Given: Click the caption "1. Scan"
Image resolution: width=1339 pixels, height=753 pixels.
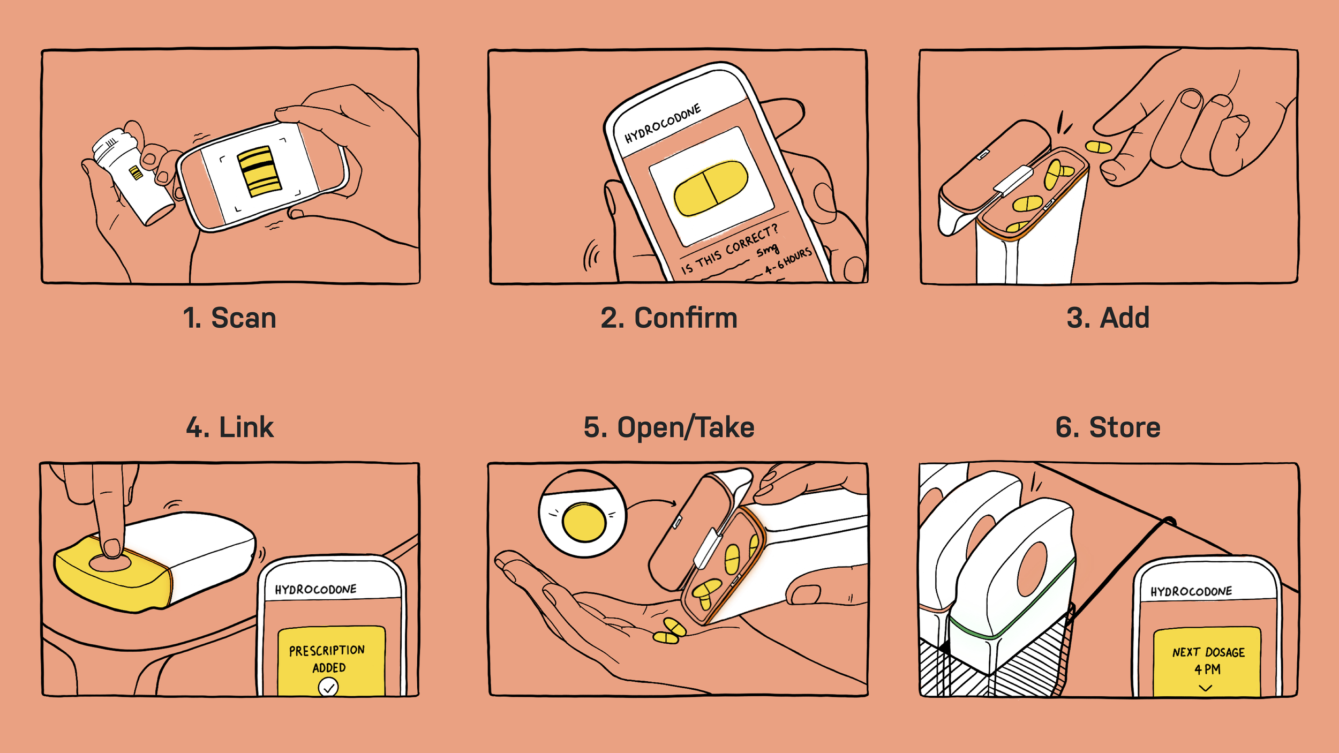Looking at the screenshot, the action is click(229, 318).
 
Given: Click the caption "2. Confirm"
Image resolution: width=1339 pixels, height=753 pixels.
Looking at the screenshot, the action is click(669, 318).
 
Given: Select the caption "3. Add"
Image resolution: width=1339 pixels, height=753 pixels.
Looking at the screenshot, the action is click(1108, 318).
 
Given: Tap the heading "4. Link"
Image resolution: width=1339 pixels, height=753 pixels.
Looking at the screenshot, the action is click(230, 427).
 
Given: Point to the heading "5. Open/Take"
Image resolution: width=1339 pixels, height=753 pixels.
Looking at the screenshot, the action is click(669, 427).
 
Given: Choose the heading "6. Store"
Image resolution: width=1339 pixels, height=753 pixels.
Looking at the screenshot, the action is click(1108, 427).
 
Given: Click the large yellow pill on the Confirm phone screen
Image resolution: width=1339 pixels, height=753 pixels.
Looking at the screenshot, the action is click(710, 188).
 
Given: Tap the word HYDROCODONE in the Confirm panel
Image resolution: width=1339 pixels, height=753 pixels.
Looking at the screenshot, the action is click(663, 124).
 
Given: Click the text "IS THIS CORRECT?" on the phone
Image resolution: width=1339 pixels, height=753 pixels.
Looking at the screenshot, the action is click(729, 250).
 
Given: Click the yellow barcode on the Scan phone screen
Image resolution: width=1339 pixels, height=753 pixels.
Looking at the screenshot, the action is click(259, 171).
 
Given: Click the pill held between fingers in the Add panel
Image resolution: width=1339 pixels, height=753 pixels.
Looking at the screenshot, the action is click(1098, 147).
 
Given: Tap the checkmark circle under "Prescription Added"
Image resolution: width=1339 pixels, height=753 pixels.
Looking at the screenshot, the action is click(328, 687).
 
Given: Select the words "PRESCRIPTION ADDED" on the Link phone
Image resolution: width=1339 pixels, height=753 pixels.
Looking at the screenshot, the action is click(327, 659).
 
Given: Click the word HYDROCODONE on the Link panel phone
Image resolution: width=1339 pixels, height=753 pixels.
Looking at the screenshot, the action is click(315, 590).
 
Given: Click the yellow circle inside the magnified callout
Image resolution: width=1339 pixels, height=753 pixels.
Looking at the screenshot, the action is click(584, 522).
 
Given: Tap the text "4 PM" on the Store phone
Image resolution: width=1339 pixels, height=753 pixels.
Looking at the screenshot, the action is click(1208, 669).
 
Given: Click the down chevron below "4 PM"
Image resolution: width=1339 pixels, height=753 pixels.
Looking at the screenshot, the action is click(1206, 688).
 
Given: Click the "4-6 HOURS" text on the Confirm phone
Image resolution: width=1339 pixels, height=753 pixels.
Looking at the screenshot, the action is click(788, 261).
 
